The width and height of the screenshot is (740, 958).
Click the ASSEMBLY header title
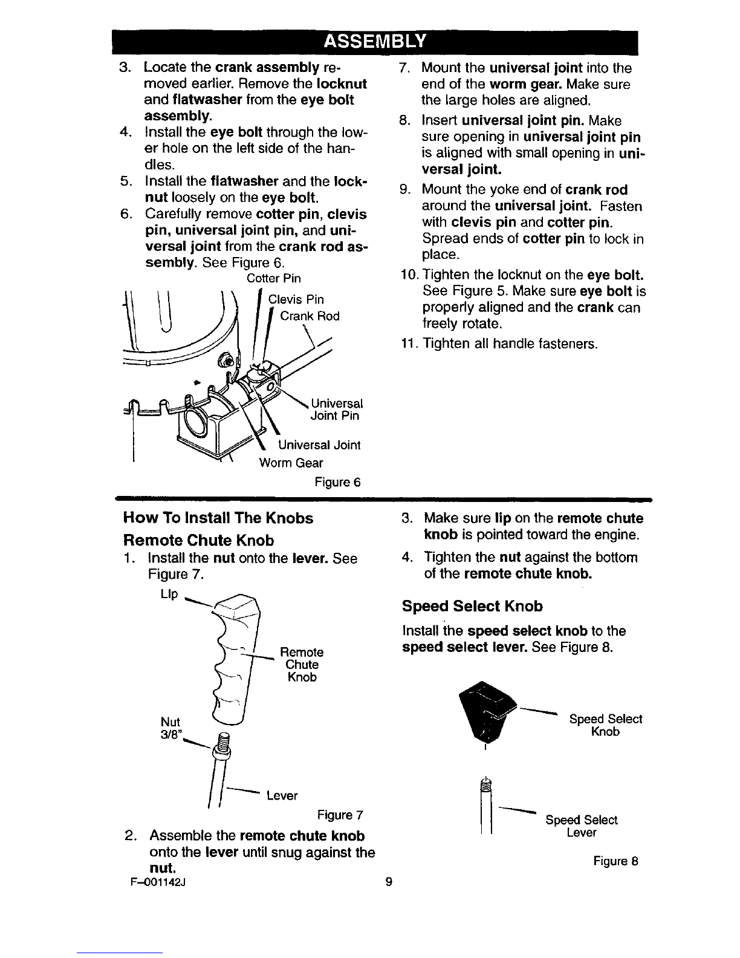(375, 41)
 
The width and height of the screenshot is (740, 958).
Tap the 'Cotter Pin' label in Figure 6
(274, 278)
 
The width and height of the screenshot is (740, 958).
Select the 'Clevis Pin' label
(296, 300)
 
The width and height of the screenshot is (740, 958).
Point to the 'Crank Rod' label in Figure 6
(310, 316)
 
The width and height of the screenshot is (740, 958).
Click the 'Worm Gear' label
(291, 463)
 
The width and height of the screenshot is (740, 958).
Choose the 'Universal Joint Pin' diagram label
(336, 409)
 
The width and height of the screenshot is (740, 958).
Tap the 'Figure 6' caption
(337, 482)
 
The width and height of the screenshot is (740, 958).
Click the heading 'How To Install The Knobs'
(218, 518)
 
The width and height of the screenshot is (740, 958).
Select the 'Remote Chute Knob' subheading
(199, 540)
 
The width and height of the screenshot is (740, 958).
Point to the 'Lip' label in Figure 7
(169, 595)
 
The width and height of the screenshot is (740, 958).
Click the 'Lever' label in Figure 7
(282, 796)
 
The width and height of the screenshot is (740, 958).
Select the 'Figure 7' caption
(340, 815)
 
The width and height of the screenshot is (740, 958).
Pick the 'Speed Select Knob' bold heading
(472, 606)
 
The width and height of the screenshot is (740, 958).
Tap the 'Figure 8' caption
(615, 861)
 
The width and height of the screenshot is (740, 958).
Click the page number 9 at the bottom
(389, 882)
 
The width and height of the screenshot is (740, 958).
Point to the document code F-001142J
(158, 882)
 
